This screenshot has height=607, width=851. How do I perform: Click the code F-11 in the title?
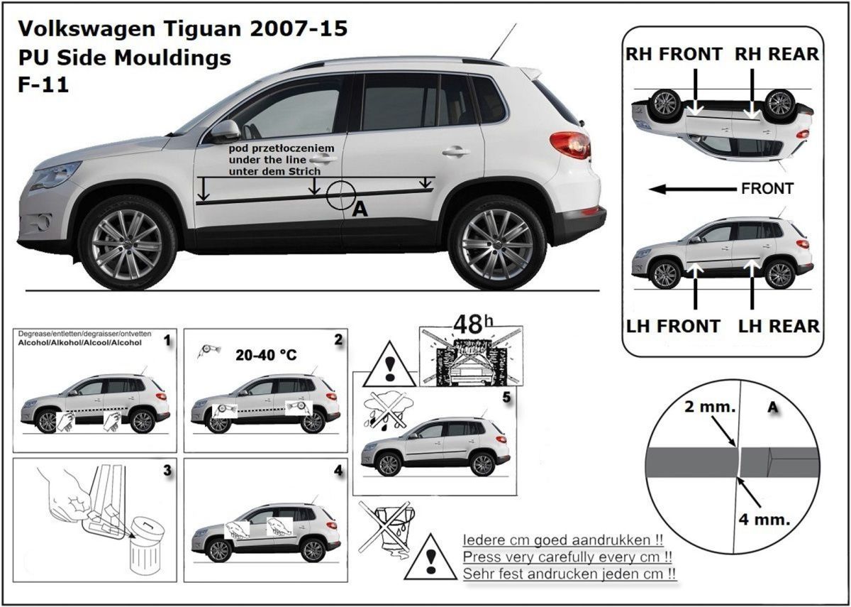click(x=43, y=84)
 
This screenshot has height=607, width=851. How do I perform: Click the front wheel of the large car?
click(x=127, y=244)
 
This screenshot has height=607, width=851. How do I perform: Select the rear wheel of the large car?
click(x=497, y=244)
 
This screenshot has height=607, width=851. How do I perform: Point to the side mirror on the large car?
click(x=225, y=131)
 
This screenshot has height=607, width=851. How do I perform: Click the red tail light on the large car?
click(x=570, y=144)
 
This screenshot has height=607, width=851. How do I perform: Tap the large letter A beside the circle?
click(x=360, y=209)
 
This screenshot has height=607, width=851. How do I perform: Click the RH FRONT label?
click(x=674, y=54)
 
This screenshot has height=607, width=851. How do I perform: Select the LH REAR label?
click(x=779, y=327)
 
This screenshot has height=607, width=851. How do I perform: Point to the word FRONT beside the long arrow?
click(x=767, y=188)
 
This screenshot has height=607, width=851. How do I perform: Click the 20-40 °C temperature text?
click(x=266, y=355)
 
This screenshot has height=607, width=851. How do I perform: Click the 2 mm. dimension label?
click(x=710, y=407)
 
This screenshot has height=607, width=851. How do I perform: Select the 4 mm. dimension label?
click(x=764, y=519)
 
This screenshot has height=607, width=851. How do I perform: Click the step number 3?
click(x=167, y=471)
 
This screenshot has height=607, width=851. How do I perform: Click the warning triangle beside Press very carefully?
click(x=430, y=557)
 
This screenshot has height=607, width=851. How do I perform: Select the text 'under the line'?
click(x=267, y=160)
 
